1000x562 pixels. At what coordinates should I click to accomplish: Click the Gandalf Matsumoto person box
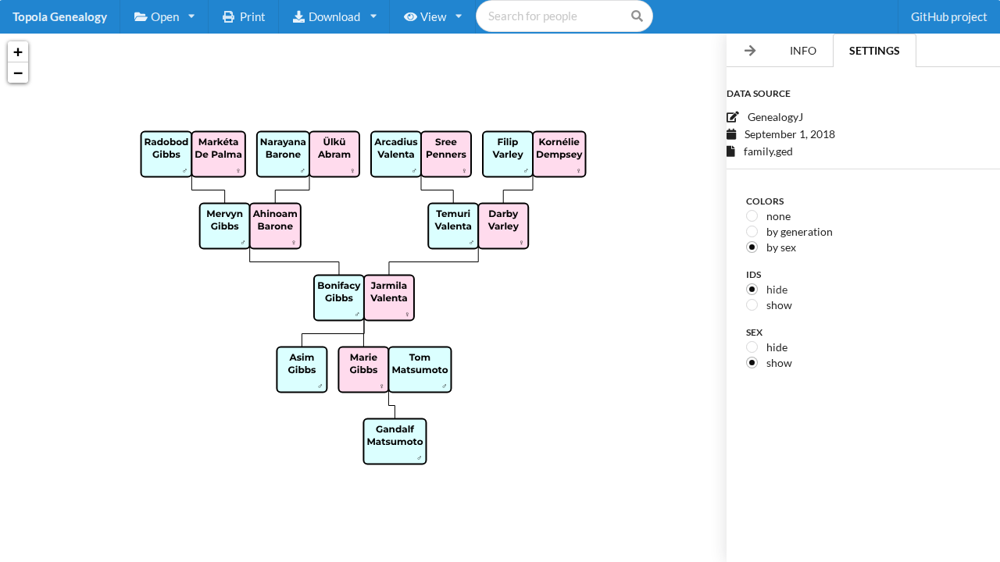(x=395, y=441)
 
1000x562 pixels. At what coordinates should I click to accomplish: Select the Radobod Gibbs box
(x=166, y=154)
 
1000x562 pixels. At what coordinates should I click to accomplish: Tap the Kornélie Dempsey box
(x=559, y=154)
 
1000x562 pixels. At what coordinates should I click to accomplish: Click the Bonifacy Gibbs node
(x=339, y=297)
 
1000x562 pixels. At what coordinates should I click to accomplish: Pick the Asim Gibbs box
(x=302, y=369)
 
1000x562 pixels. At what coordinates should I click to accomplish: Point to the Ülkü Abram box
(x=334, y=154)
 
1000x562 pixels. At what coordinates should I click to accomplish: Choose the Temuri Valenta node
(x=453, y=226)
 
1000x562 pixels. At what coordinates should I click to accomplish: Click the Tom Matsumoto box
(x=420, y=369)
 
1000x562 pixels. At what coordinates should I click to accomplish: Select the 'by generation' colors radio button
(x=752, y=232)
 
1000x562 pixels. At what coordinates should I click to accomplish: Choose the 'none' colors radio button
(x=752, y=216)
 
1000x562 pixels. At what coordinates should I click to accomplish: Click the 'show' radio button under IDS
(x=752, y=305)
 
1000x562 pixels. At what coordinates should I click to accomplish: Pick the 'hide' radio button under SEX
(x=752, y=347)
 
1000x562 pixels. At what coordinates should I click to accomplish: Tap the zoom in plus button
(x=18, y=52)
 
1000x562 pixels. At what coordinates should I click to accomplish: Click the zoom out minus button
(x=18, y=73)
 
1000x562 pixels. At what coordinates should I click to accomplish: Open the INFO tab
(x=802, y=51)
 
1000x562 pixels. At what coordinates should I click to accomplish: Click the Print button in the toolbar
(x=244, y=16)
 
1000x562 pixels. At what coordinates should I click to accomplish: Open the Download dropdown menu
(x=334, y=16)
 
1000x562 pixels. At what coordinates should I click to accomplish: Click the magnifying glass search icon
(x=637, y=16)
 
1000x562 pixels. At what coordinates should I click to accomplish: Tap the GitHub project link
(x=948, y=16)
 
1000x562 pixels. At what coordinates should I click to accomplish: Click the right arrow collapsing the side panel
(x=750, y=51)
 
